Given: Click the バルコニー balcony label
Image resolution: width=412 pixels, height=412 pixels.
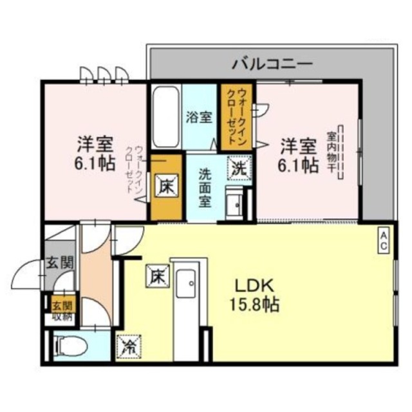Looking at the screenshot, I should [272, 64].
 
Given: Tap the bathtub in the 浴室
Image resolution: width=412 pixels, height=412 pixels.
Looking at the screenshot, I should [166, 118].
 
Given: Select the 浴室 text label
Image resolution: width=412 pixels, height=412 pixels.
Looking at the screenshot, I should [199, 118].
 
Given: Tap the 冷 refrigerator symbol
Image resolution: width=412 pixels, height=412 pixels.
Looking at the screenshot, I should [127, 348].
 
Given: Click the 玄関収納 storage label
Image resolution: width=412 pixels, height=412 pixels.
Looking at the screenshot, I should [62, 310].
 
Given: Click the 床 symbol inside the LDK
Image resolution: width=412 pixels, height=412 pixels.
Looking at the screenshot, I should [157, 276].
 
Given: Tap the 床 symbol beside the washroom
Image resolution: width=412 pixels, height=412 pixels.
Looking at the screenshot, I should [165, 187].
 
